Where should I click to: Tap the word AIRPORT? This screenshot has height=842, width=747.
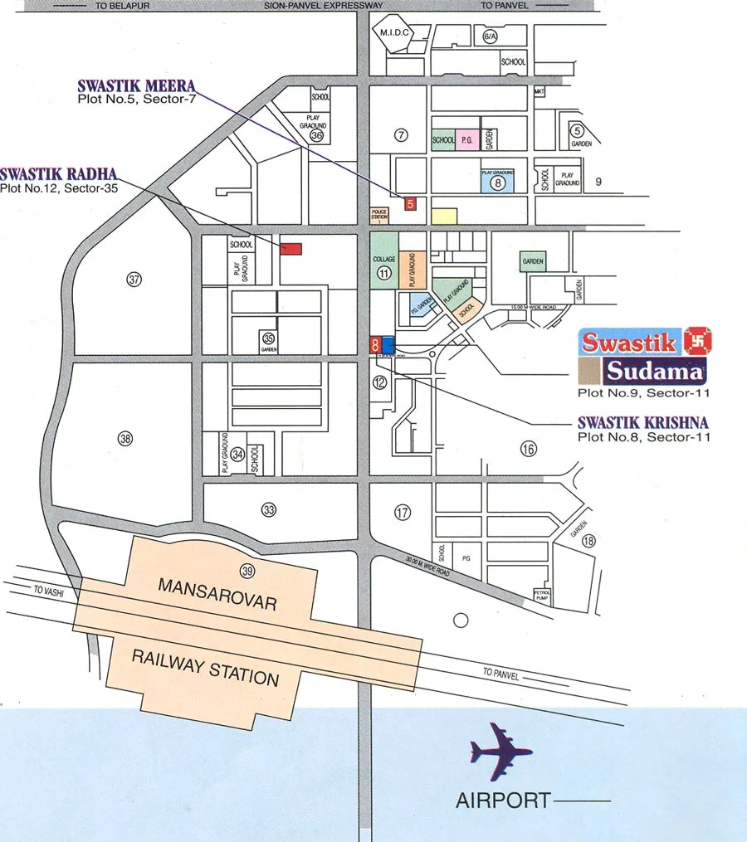tap(502, 801)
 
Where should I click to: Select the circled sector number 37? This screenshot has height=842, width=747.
tap(134, 280)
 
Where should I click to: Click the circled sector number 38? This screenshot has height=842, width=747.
tap(125, 439)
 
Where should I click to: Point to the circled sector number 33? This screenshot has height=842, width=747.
tap(268, 510)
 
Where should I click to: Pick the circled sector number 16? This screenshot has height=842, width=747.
tap(529, 449)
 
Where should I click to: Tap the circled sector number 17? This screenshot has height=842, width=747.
tap(403, 513)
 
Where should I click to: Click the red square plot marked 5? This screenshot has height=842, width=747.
tap(409, 202)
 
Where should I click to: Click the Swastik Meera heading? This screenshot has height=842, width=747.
tap(137, 86)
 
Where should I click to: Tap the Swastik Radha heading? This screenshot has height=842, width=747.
tap(58, 174)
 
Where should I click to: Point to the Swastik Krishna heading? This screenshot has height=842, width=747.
tap(644, 422)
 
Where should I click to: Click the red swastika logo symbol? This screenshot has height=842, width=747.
tap(697, 340)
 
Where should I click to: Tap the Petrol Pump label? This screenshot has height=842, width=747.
tap(541, 595)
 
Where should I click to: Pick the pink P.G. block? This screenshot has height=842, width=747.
tap(466, 140)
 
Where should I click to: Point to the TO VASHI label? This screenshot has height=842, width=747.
tap(49, 591)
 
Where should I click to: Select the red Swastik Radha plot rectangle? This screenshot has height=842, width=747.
tap(290, 248)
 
